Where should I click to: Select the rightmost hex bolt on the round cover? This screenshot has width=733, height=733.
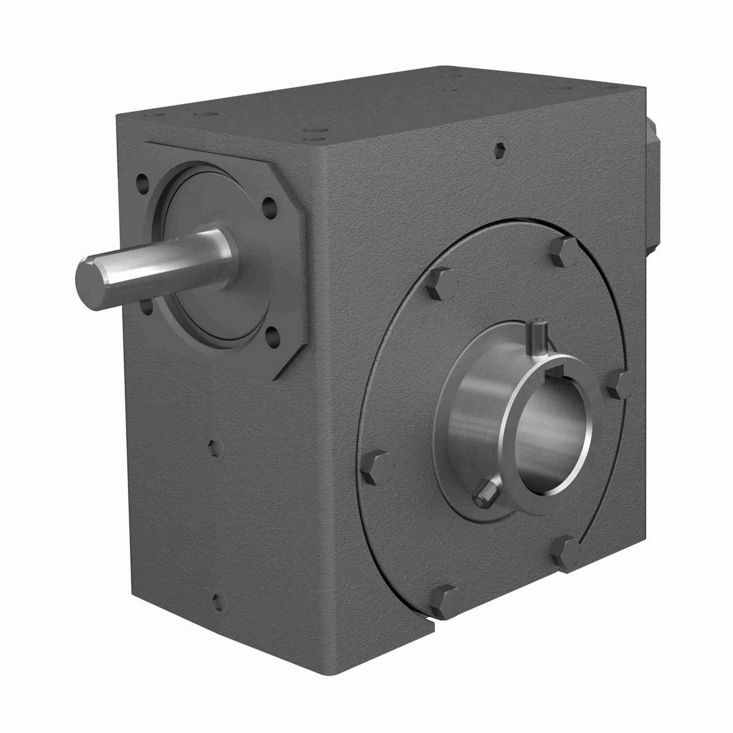pyautogui.click(x=621, y=385)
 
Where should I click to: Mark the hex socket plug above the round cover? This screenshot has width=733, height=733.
pyautogui.click(x=500, y=150)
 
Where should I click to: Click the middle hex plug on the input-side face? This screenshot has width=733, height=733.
pyautogui.click(x=214, y=448)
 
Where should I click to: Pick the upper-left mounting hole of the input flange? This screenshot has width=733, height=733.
pyautogui.click(x=142, y=181)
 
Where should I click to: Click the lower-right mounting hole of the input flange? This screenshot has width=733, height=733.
pyautogui.click(x=272, y=335)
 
